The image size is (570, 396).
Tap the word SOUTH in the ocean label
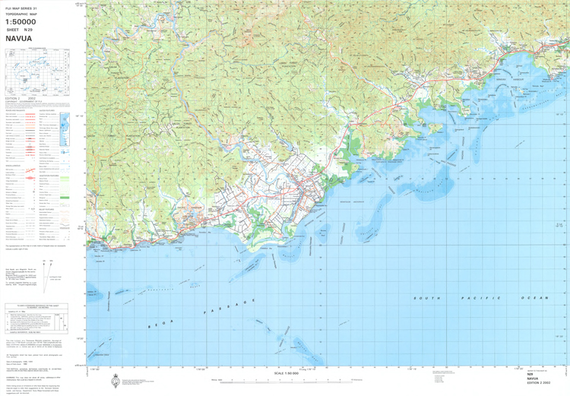(426, 299)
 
